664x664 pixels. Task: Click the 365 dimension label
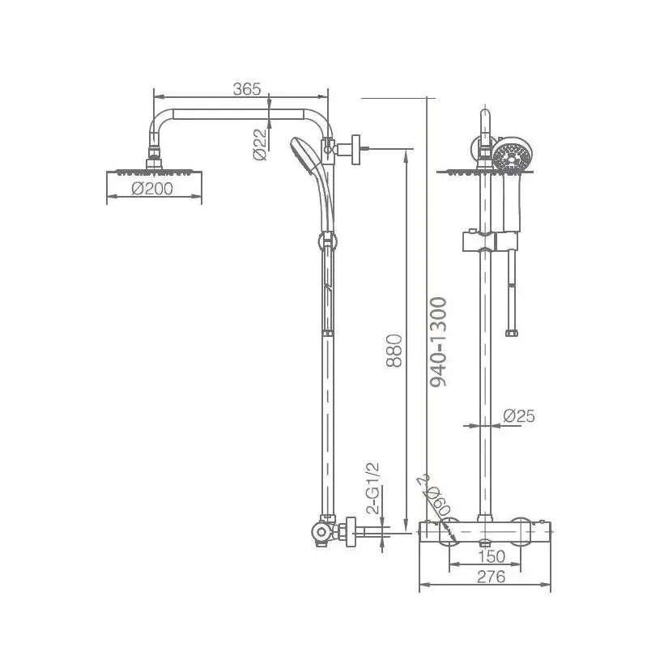pyautogui.click(x=247, y=89)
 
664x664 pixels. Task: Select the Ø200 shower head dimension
pyautogui.click(x=153, y=189)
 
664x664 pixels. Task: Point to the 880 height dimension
pyautogui.click(x=394, y=350)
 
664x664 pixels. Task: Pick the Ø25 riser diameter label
pyautogui.click(x=518, y=416)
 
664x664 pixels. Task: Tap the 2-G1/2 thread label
pyautogui.click(x=373, y=488)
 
